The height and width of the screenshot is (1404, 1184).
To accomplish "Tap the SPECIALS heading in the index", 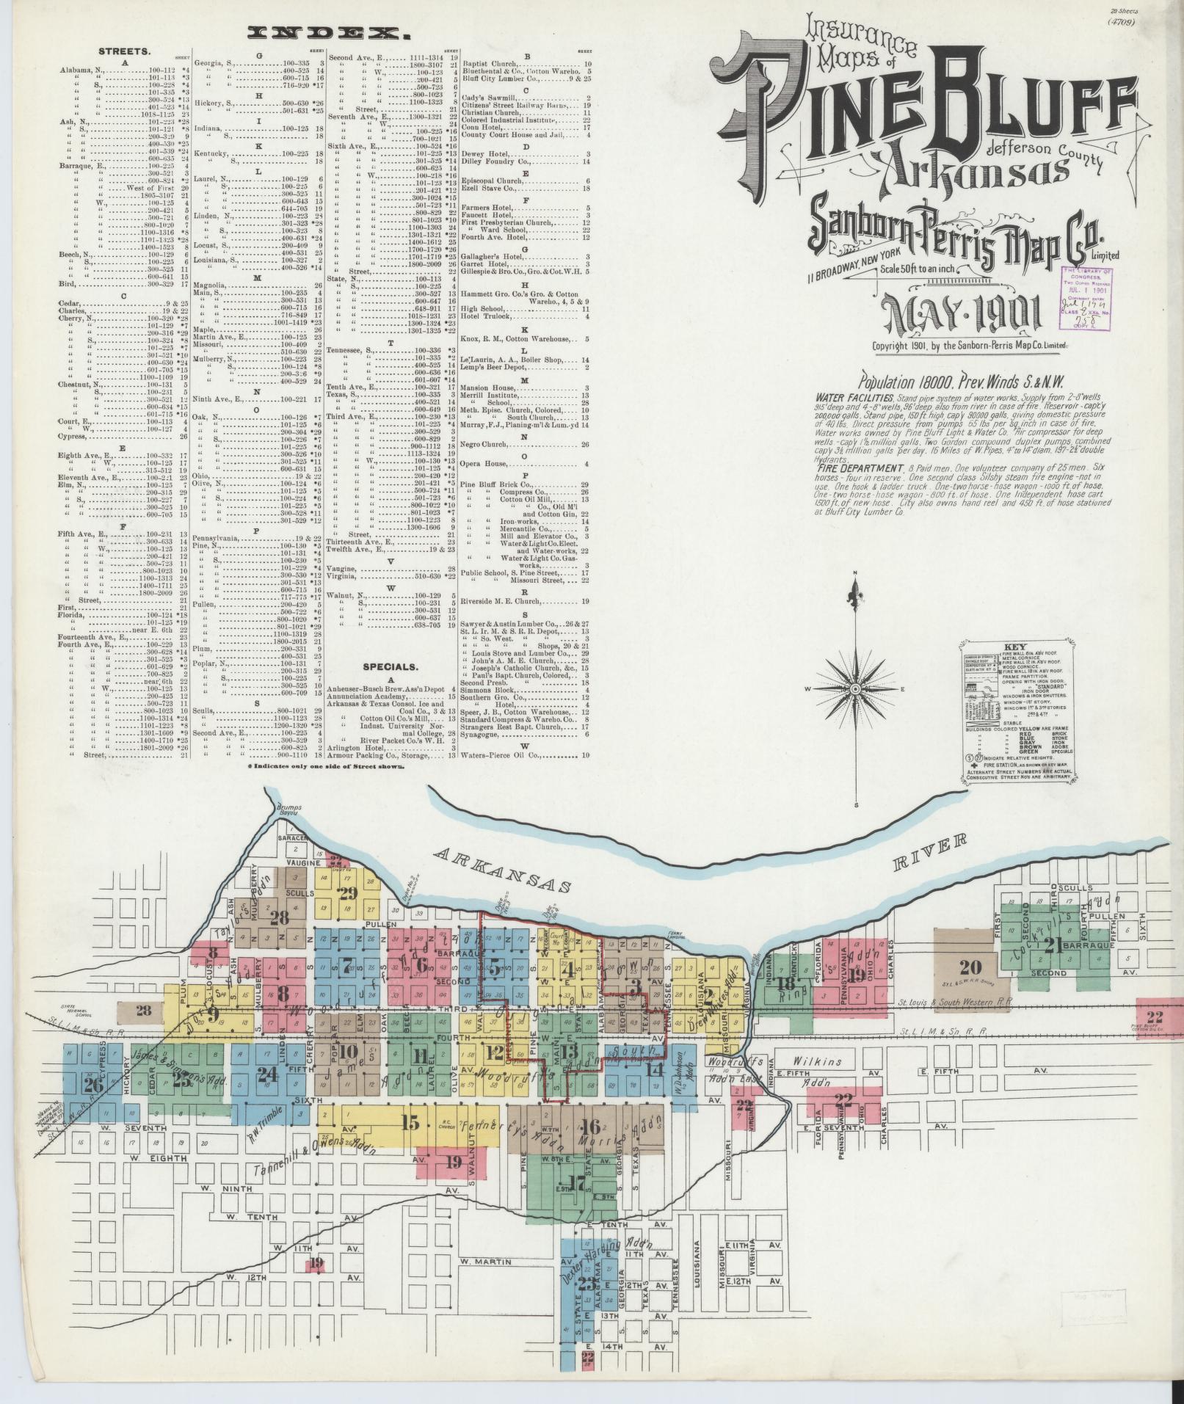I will (390, 667).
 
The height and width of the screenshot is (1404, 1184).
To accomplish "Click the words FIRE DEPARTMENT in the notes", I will (858, 468).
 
